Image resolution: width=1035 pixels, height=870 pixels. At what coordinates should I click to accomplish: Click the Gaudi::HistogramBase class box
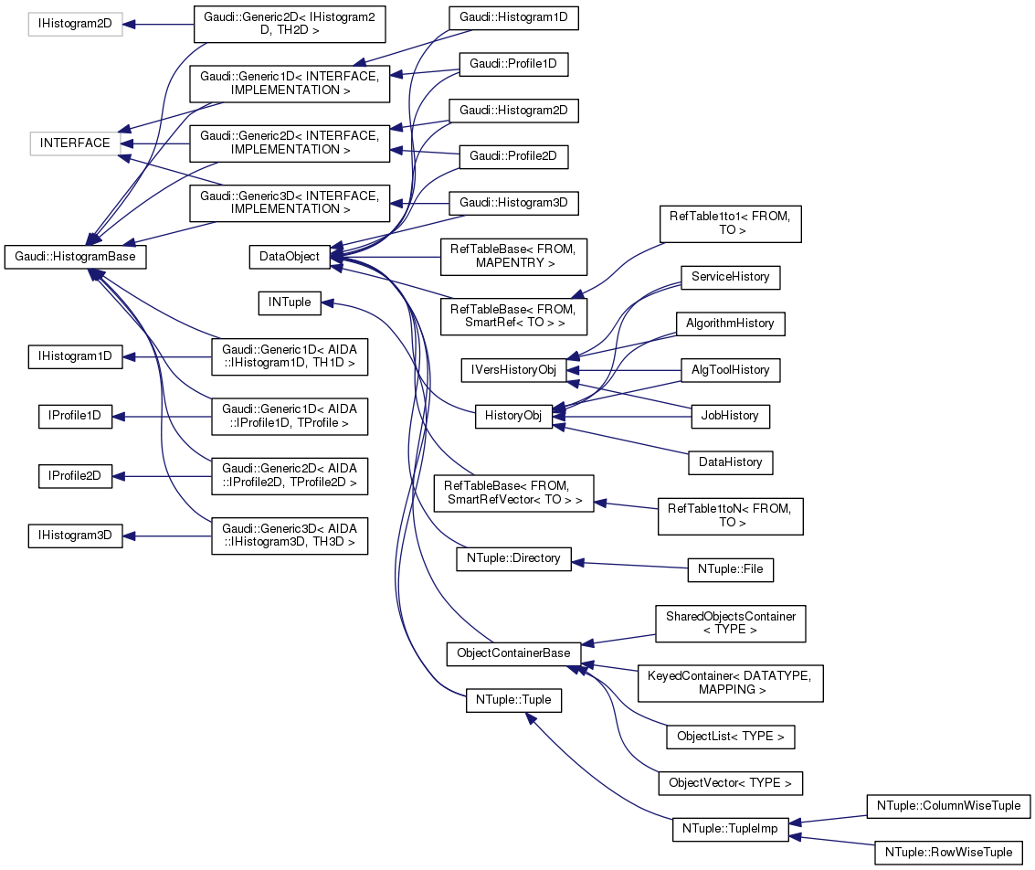(76, 257)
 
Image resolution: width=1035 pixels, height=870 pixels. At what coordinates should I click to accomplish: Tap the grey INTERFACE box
(75, 143)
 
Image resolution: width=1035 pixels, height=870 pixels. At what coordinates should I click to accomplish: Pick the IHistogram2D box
(75, 25)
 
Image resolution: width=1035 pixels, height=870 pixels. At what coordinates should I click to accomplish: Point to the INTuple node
(290, 302)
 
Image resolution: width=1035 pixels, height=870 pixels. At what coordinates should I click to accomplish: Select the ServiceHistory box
(730, 276)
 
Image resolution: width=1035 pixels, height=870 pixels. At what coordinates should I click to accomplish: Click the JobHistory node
(730, 415)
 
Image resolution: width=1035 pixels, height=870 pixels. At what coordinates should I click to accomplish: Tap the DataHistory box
(730, 462)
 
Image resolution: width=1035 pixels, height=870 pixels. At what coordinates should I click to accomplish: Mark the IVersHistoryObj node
(513, 369)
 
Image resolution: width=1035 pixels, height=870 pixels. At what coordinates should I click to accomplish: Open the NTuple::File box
(730, 569)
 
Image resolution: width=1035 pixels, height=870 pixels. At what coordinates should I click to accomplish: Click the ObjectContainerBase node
(513, 653)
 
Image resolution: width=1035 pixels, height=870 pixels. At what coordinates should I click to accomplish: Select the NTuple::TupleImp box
(730, 830)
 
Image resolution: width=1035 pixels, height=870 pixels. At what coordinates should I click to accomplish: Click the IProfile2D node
(75, 475)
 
